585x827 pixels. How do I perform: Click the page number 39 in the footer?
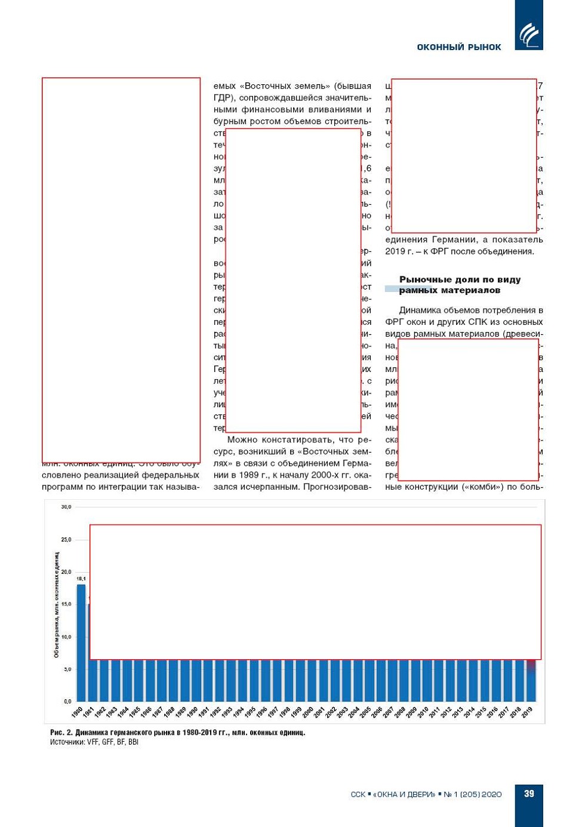point(529,794)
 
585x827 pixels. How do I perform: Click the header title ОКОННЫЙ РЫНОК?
point(458,47)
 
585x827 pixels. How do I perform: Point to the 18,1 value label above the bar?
point(81,579)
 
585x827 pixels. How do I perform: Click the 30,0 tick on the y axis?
point(66,507)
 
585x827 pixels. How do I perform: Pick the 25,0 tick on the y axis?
point(66,540)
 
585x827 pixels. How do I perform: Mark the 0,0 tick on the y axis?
point(67,702)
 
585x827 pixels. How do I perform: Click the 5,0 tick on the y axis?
point(67,669)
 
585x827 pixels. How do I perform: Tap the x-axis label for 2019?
point(527,712)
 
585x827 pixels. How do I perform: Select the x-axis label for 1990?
point(192,712)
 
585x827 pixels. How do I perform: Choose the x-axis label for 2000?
point(307,712)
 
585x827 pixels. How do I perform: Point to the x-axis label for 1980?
point(77,712)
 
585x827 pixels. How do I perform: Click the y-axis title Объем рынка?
point(57,605)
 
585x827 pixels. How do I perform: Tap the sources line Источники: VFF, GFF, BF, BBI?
point(94,742)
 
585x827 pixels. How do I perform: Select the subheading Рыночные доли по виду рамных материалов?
point(459,285)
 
